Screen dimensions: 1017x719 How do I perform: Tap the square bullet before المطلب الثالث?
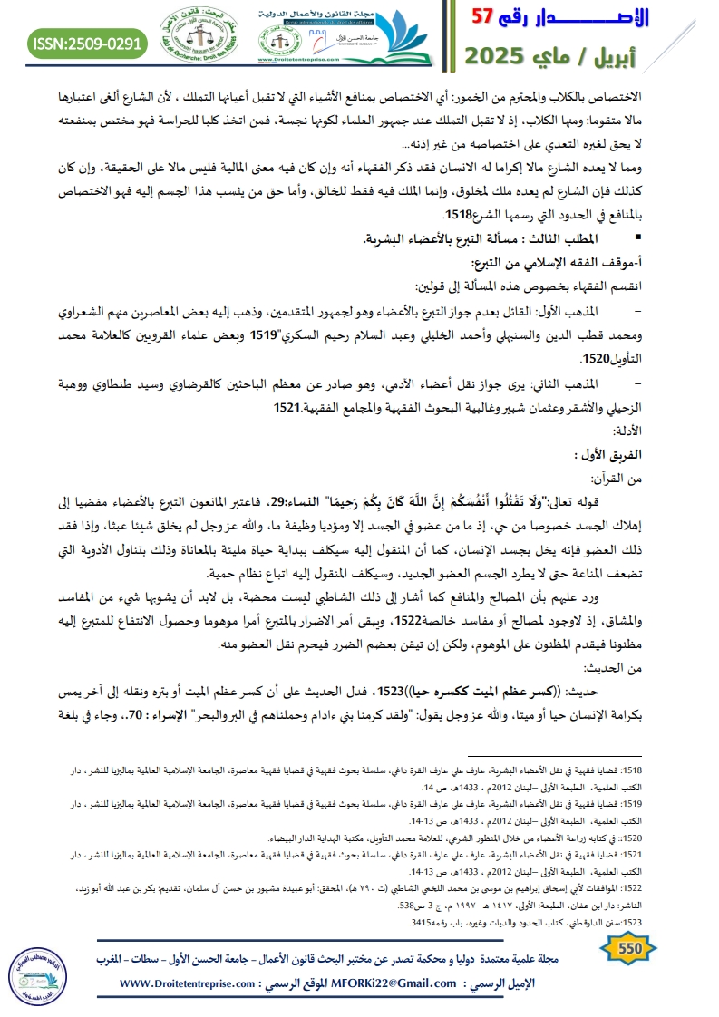[x=665, y=238]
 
